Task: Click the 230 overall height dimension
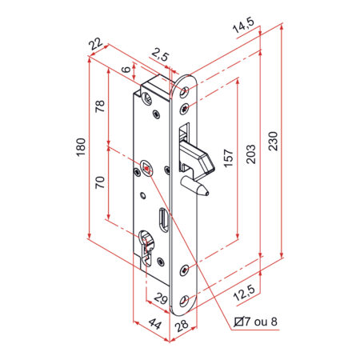click(273, 141)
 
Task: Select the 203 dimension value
click(250, 154)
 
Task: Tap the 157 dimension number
click(228, 158)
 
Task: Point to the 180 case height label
click(81, 147)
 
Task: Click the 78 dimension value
click(100, 106)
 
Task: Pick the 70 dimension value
click(100, 182)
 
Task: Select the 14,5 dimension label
click(243, 25)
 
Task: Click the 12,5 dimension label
click(244, 292)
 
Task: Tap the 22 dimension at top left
click(96, 43)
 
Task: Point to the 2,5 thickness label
click(160, 55)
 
